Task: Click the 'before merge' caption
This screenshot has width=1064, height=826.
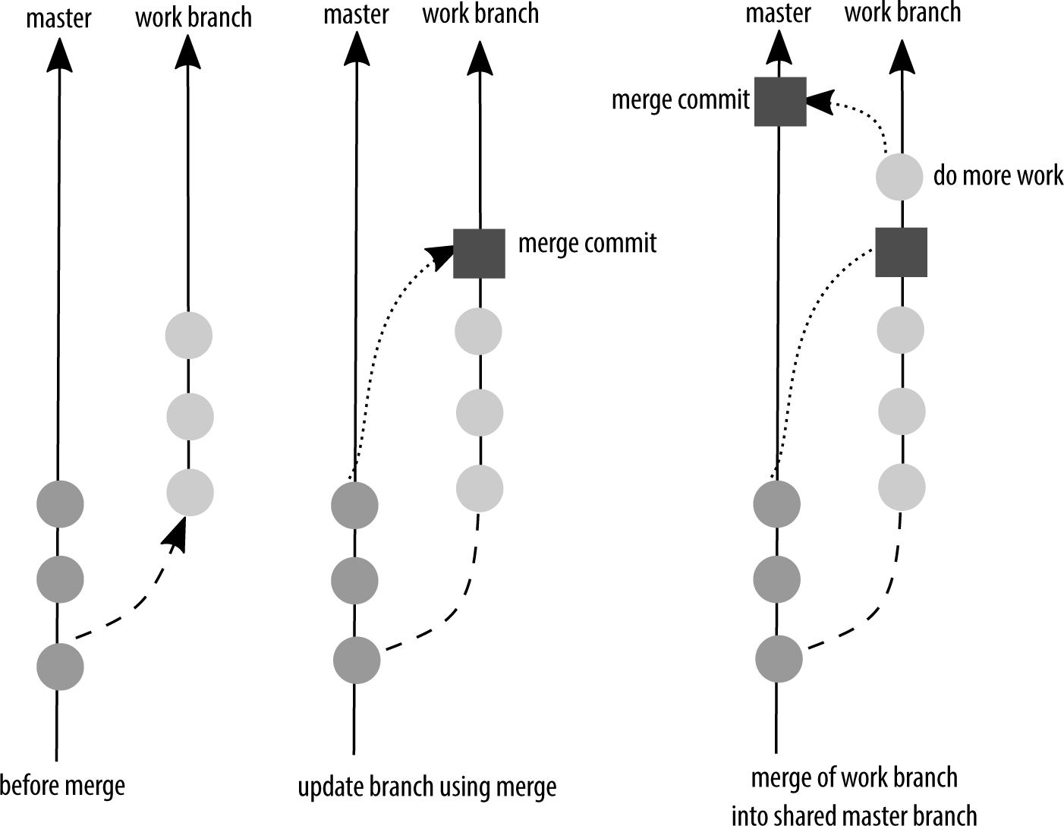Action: [x=62, y=784]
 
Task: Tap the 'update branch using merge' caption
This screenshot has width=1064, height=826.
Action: [x=427, y=787]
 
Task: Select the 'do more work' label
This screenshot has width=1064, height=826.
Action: [x=997, y=175]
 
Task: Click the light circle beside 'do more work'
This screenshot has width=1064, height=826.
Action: [x=899, y=177]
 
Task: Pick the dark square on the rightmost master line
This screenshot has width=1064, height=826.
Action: [x=779, y=101]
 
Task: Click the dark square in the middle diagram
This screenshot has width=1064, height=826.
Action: [x=479, y=253]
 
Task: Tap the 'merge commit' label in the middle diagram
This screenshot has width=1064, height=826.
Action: [x=587, y=243]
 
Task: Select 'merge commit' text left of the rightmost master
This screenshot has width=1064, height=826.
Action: [x=680, y=99]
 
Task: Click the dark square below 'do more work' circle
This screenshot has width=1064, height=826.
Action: [x=901, y=251]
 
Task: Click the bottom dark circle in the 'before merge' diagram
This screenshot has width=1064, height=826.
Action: [x=60, y=667]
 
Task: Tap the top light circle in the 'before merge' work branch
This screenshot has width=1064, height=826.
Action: [x=189, y=335]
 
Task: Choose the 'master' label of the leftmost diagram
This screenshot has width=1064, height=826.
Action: [x=58, y=18]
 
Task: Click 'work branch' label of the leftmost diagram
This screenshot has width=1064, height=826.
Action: [x=194, y=17]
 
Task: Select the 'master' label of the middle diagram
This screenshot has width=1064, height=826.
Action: [x=356, y=15]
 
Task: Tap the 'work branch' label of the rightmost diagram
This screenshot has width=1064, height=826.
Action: [x=902, y=13]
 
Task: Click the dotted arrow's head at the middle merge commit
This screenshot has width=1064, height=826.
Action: [x=439, y=255]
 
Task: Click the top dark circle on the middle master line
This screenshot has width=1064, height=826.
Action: [x=355, y=504]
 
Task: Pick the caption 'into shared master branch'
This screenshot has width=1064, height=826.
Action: [x=854, y=815]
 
